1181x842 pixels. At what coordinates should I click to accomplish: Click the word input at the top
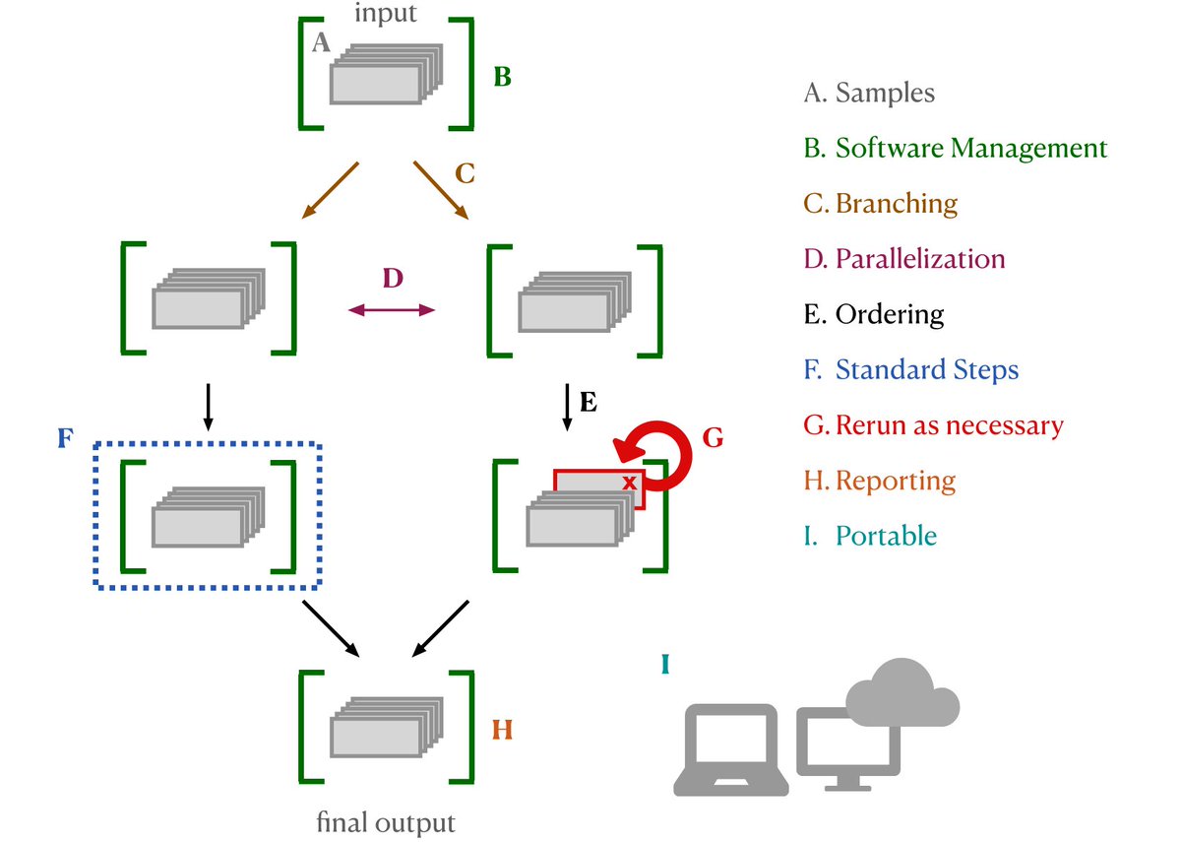coord(386,14)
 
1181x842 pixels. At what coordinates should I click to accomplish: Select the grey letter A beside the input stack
coord(320,42)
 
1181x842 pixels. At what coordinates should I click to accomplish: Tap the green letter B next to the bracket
coord(502,77)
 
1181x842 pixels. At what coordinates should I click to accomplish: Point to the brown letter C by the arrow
coord(465,175)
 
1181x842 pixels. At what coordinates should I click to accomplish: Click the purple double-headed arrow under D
coord(392,310)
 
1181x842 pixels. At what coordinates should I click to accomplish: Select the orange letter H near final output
coord(502,731)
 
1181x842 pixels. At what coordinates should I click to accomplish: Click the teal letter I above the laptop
coord(665,665)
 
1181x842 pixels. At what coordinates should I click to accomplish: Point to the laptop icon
coord(732,750)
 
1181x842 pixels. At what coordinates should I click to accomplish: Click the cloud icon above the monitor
coord(901,692)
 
